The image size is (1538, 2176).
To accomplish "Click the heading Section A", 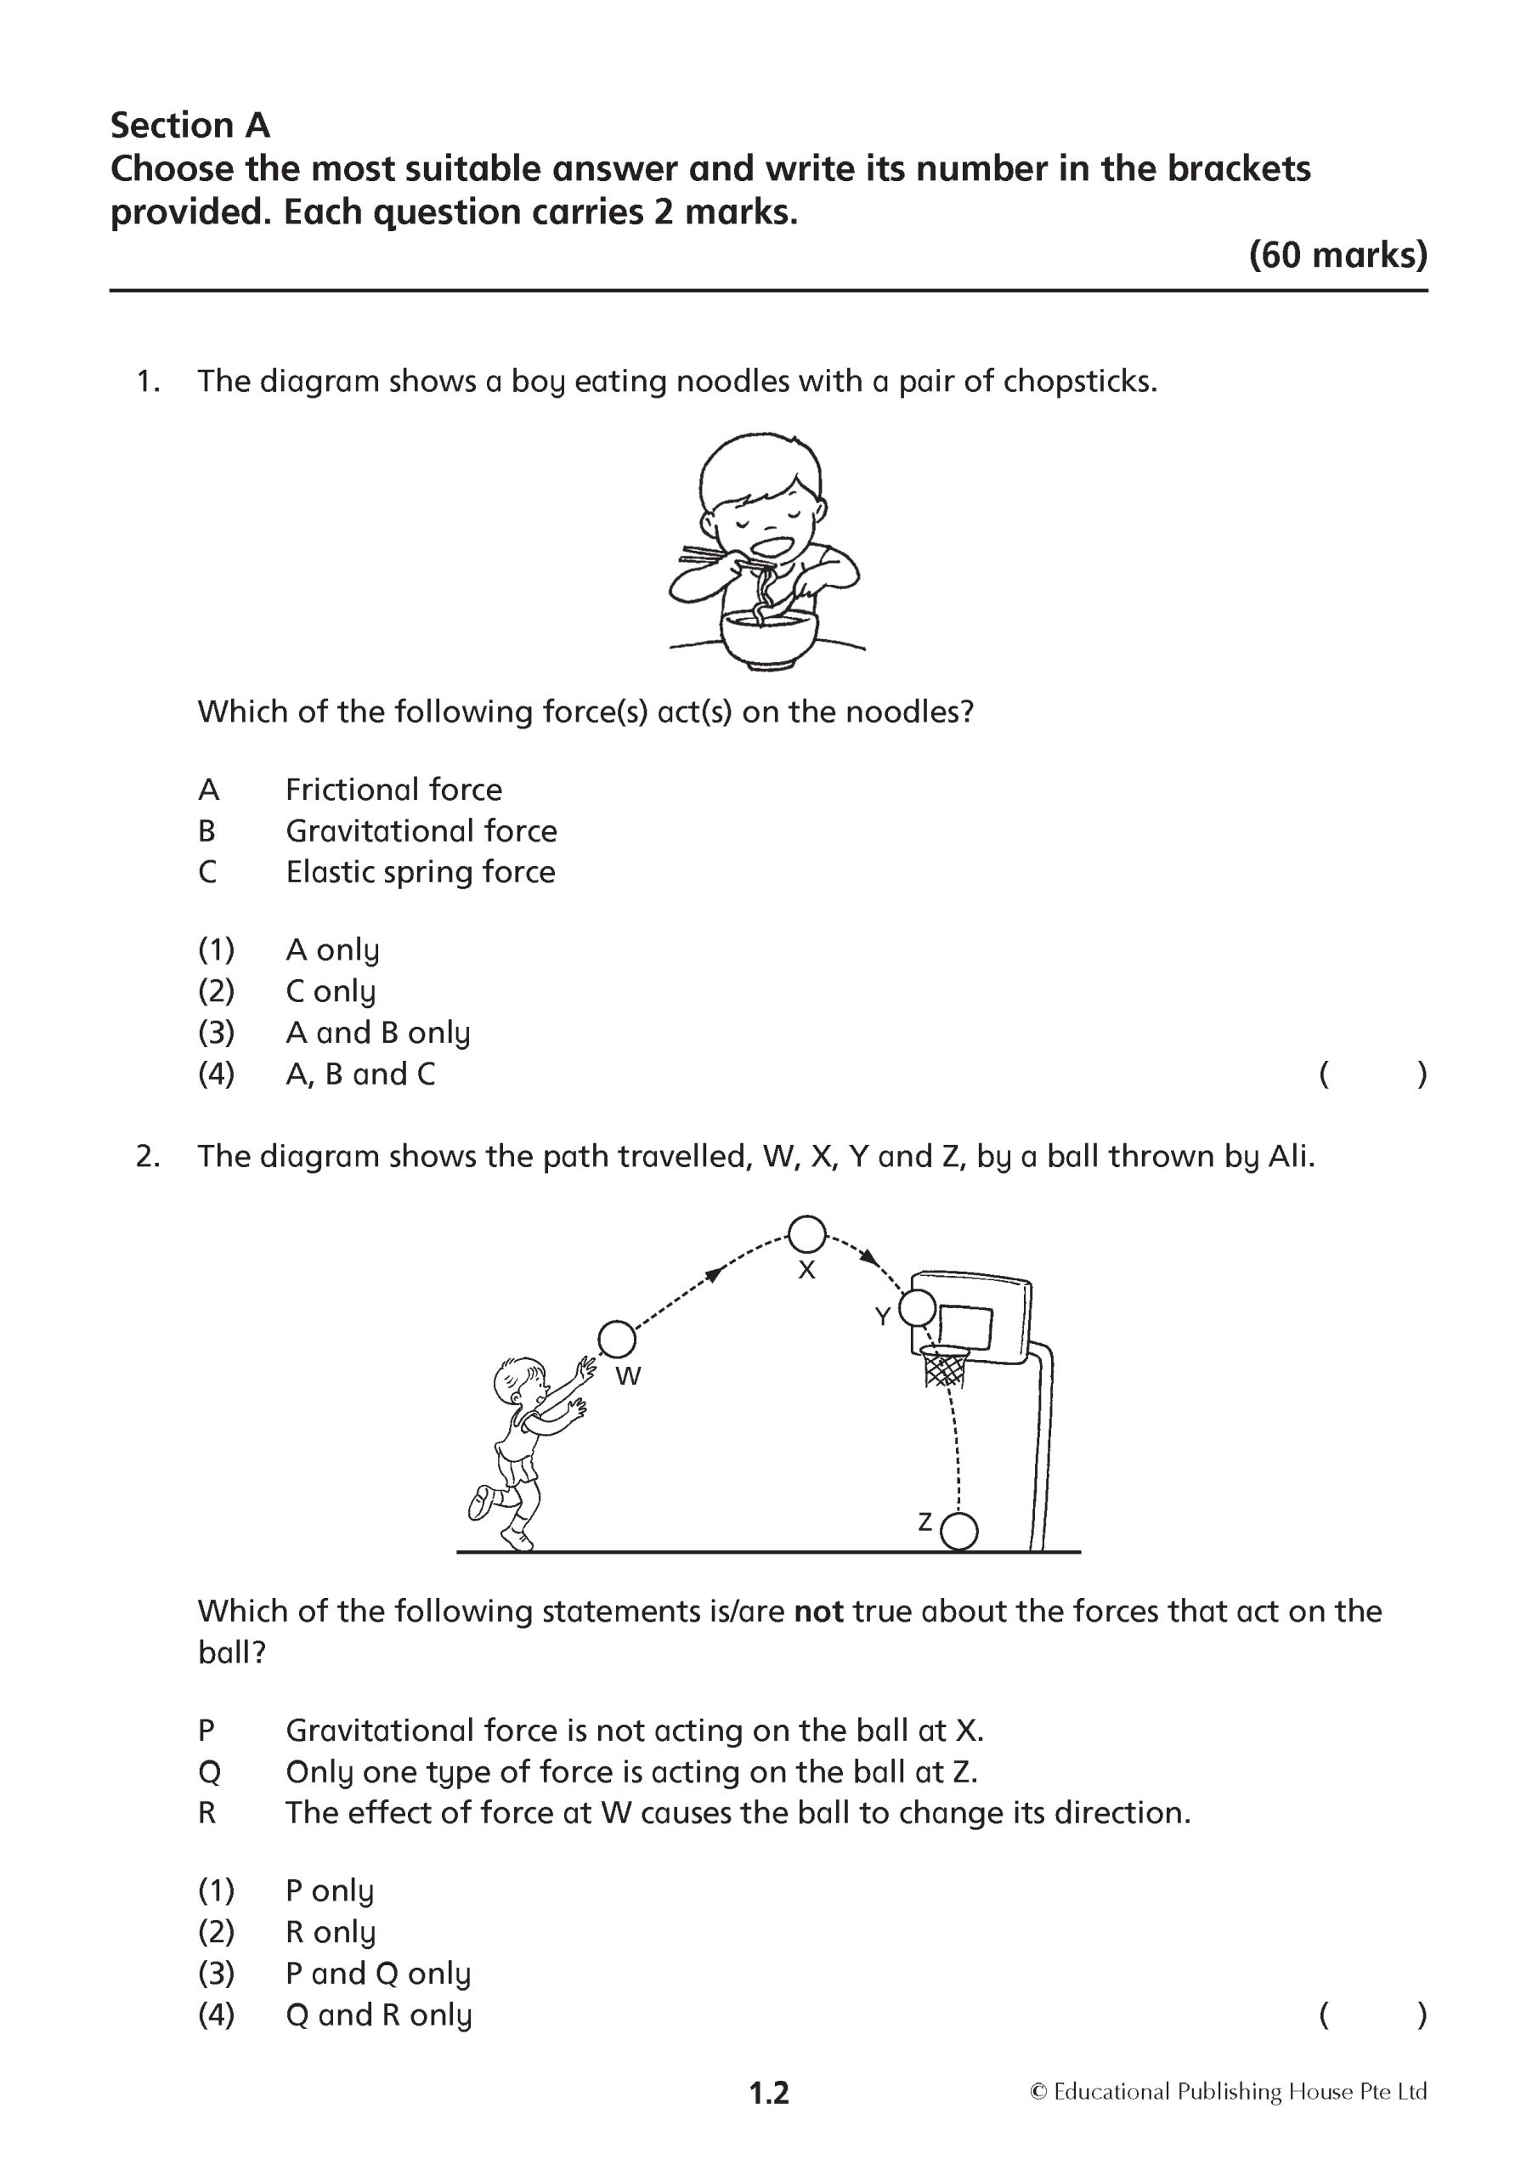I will coord(189,125).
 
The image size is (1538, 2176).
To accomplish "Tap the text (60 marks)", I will coord(1337,255).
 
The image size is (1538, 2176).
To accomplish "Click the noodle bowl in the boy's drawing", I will coord(767,637).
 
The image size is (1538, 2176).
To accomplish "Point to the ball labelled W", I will coord(616,1340).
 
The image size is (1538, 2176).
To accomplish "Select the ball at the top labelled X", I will coord(807,1235).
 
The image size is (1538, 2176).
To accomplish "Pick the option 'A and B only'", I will coord(377,1032).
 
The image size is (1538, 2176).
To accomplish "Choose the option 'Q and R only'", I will coord(378,2014).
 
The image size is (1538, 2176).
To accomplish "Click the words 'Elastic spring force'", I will coord(420,872).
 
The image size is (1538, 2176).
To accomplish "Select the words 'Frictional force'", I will coord(393,790).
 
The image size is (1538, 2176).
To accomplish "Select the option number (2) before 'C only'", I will coord(216,991).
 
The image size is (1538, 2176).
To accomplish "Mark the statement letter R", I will coord(206,1813).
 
